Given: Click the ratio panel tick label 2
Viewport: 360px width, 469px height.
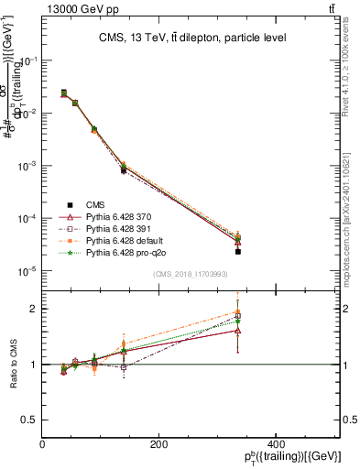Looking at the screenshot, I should (x=34, y=309).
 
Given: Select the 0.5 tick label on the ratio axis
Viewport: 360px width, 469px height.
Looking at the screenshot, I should (x=29, y=420).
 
